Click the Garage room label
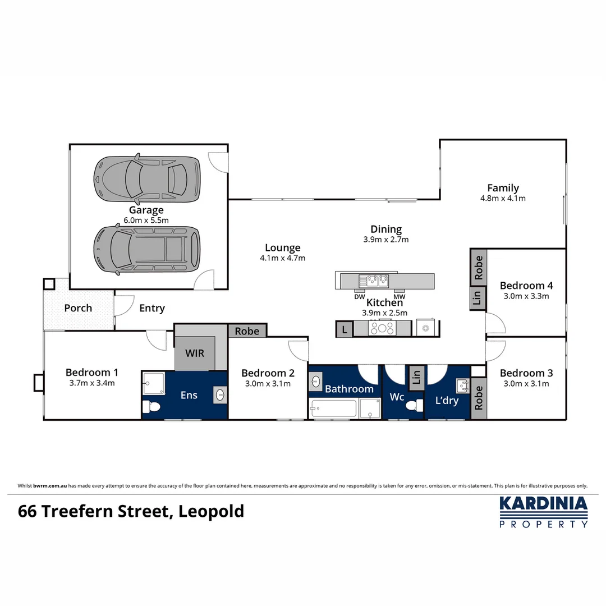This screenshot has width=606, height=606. [x=146, y=210]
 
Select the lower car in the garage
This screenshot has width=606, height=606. [x=147, y=250]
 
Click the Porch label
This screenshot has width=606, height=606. [x=78, y=308]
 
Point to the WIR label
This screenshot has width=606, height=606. [x=195, y=354]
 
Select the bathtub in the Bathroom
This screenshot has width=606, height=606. [x=333, y=408]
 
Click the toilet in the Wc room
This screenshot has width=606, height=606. [x=415, y=406]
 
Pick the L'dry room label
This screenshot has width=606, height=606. [x=447, y=401]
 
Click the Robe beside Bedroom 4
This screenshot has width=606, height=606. [x=479, y=268]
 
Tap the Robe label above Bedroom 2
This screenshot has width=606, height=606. [x=247, y=331]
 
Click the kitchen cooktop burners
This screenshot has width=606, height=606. [x=383, y=329]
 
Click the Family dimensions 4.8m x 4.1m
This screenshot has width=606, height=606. [x=503, y=198]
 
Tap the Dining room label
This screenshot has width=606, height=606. [x=386, y=229]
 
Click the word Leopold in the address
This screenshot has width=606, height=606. [x=212, y=512]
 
